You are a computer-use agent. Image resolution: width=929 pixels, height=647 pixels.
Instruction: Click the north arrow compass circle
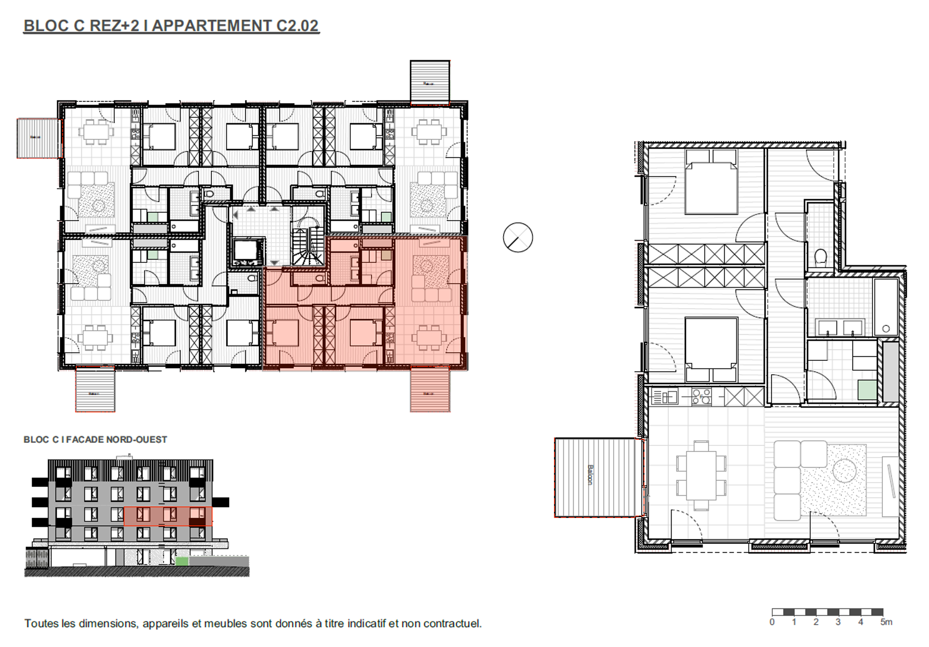coord(518,237)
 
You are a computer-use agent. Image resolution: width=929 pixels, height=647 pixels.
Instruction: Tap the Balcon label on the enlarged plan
coord(590,475)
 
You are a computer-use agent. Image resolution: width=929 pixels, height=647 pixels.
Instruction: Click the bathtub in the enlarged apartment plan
coord(885,307)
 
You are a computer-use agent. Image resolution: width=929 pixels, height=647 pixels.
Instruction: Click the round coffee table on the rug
coord(845,470)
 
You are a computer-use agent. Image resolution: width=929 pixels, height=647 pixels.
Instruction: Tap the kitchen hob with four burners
coord(701,397)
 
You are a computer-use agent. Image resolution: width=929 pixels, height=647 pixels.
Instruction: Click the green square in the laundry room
coord(867,390)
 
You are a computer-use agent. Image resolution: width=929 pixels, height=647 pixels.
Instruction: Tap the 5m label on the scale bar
coord(886,622)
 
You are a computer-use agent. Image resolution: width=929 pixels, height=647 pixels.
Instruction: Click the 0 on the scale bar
coord(772,622)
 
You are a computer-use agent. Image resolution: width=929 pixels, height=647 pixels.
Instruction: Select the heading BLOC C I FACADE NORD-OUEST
coord(95,439)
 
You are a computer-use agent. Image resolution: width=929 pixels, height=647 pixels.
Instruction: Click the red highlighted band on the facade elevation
coord(168,516)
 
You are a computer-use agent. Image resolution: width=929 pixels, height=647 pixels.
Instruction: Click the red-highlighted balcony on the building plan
coord(430,389)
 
